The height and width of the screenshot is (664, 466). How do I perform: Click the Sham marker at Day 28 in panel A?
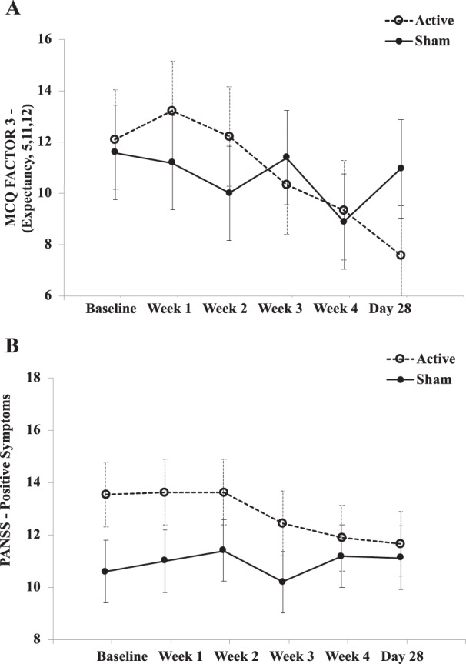pyautogui.click(x=401, y=169)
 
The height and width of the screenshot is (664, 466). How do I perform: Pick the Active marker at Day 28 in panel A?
pyautogui.click(x=401, y=255)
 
